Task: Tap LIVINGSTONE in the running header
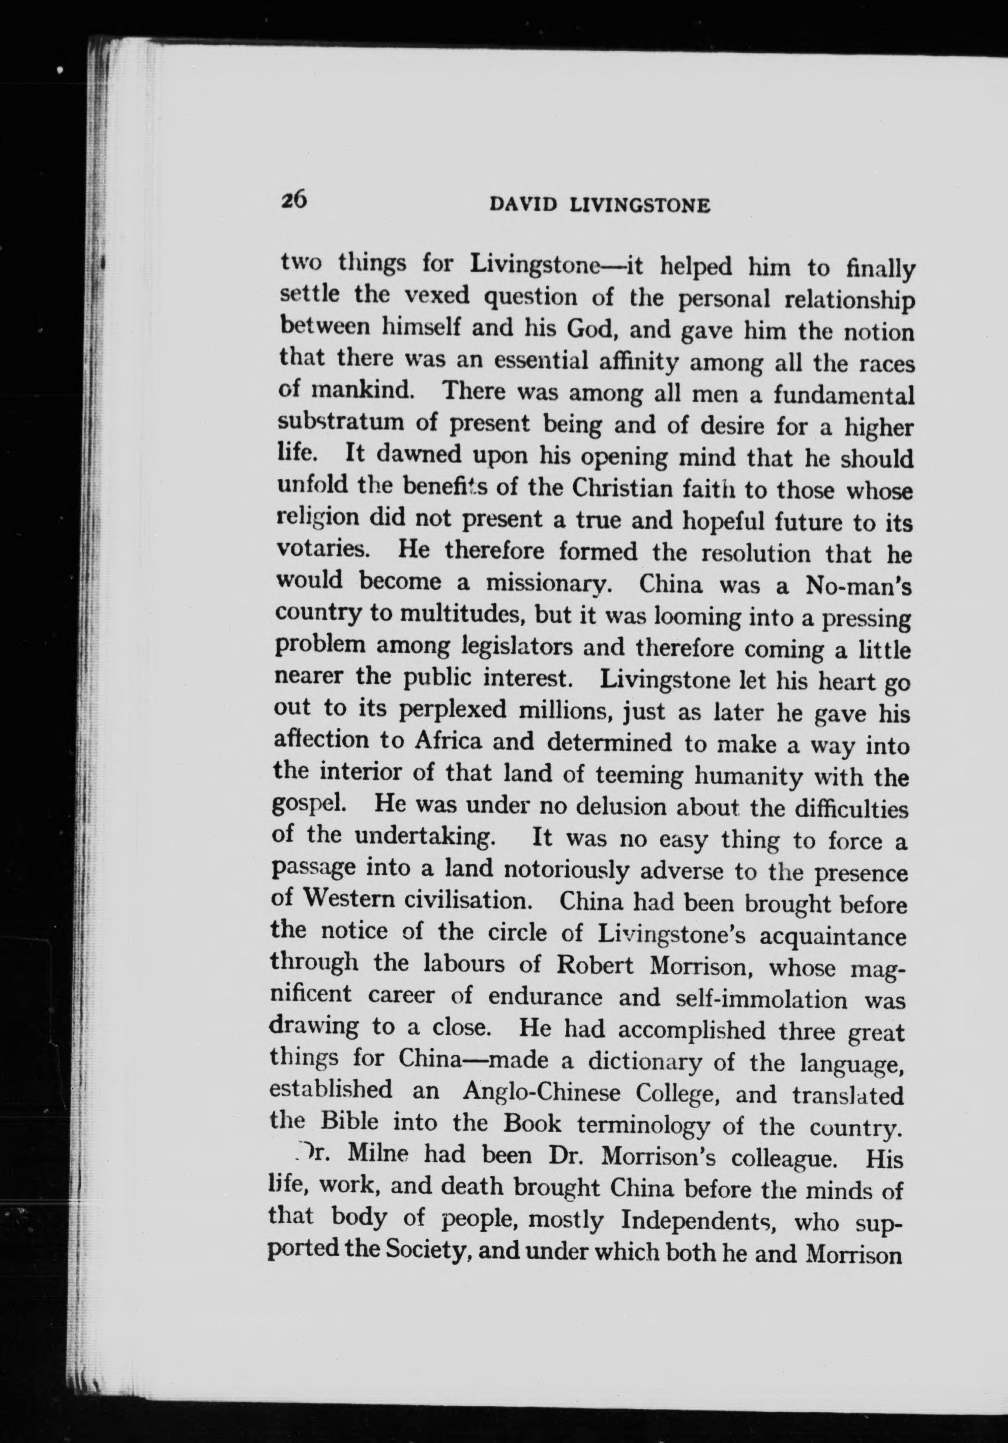pos(638,206)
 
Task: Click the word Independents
pos(699,1221)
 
